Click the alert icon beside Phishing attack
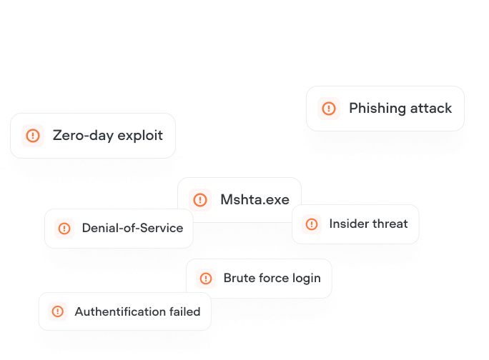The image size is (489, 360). (x=329, y=109)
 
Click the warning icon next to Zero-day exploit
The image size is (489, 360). (x=33, y=135)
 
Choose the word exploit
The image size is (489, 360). (x=139, y=135)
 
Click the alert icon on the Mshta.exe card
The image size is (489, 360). (x=201, y=200)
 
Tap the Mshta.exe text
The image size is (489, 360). (x=255, y=200)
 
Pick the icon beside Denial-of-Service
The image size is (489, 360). (x=64, y=229)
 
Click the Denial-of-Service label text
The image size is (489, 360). (x=132, y=229)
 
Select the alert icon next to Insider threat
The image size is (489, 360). (x=312, y=224)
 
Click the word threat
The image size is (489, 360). (x=390, y=224)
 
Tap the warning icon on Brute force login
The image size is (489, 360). (x=206, y=279)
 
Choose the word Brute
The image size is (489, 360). (x=238, y=279)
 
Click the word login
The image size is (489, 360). (x=306, y=279)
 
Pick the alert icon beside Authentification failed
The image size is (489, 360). (x=58, y=311)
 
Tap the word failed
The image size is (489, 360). (x=185, y=311)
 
